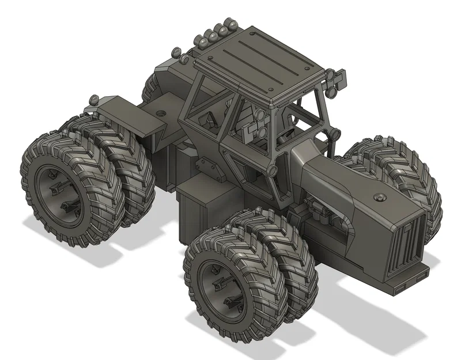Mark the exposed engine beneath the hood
323,216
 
